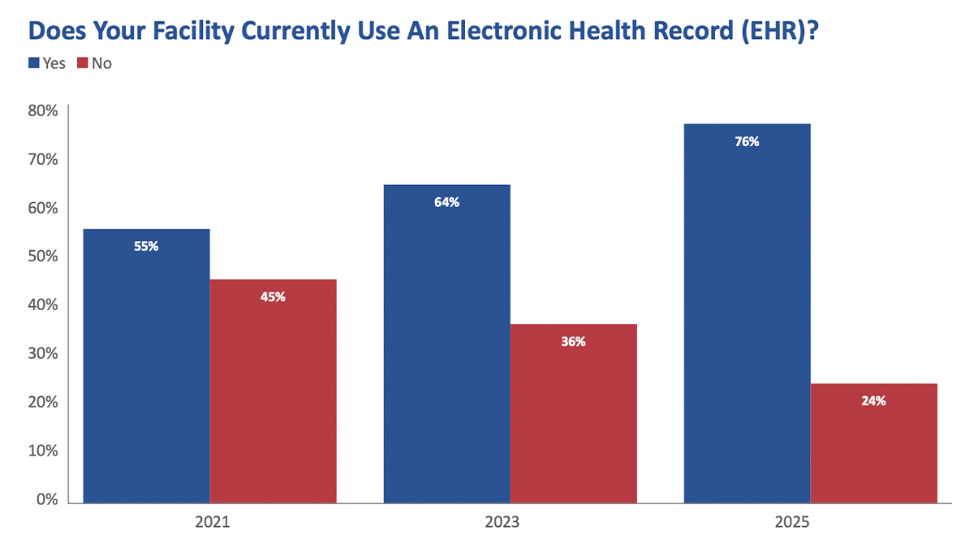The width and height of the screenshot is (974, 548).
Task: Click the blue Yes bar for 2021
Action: tap(146, 365)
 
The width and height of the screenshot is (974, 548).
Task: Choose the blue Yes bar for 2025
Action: tap(747, 317)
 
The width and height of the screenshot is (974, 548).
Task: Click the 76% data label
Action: tap(747, 141)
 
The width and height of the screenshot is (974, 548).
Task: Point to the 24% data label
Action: tap(873, 400)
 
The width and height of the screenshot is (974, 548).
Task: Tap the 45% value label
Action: tap(273, 296)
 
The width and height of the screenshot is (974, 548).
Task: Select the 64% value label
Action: tap(446, 202)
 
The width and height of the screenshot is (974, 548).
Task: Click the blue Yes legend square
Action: tap(33, 63)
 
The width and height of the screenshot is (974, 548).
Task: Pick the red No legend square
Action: tap(82, 63)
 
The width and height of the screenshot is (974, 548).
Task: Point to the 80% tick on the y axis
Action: tap(41, 110)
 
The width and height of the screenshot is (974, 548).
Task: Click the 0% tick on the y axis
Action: tap(45, 500)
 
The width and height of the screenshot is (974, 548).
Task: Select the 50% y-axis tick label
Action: tap(41, 257)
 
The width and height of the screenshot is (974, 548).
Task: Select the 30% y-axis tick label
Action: tap(41, 354)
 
